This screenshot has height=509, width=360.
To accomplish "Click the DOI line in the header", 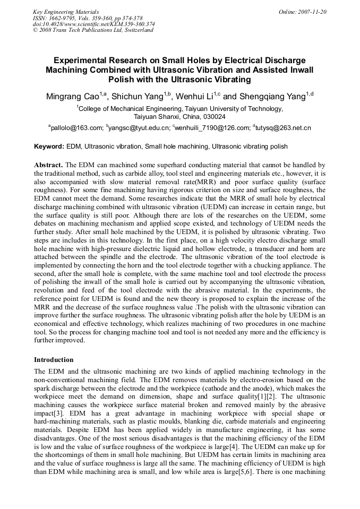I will coord(93,24).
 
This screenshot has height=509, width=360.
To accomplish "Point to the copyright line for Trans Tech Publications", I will coord(93,30).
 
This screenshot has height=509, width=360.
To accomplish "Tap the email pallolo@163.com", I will coord(76,128).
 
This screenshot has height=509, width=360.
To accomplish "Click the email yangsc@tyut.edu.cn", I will coord(139,128).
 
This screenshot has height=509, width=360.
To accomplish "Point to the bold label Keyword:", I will coord(49,146).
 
